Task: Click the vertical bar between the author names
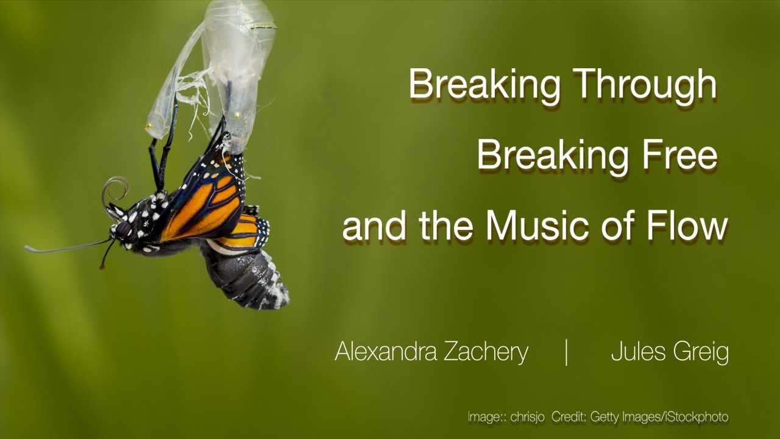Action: tap(567, 352)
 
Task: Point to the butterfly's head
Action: tap(122, 230)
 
